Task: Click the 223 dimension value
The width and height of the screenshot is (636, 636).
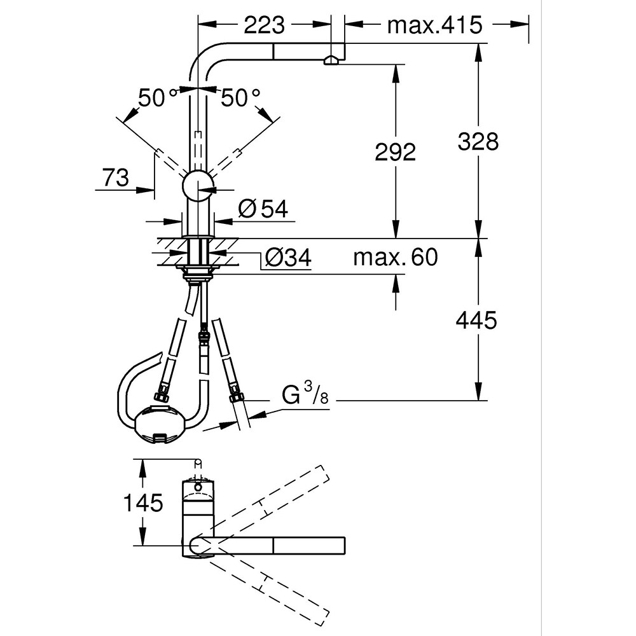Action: pyautogui.click(x=264, y=25)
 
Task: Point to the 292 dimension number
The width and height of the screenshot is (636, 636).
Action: pyautogui.click(x=395, y=152)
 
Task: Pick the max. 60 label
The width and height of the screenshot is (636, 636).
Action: pyautogui.click(x=396, y=258)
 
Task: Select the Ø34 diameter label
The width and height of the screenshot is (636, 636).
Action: pyautogui.click(x=287, y=258)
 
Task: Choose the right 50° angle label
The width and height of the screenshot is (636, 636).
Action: pyautogui.click(x=240, y=98)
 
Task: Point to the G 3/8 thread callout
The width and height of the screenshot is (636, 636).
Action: pyautogui.click(x=305, y=396)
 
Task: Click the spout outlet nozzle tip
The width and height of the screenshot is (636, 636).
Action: pyautogui.click(x=331, y=60)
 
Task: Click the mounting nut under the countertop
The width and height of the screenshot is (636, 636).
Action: pyautogui.click(x=198, y=274)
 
